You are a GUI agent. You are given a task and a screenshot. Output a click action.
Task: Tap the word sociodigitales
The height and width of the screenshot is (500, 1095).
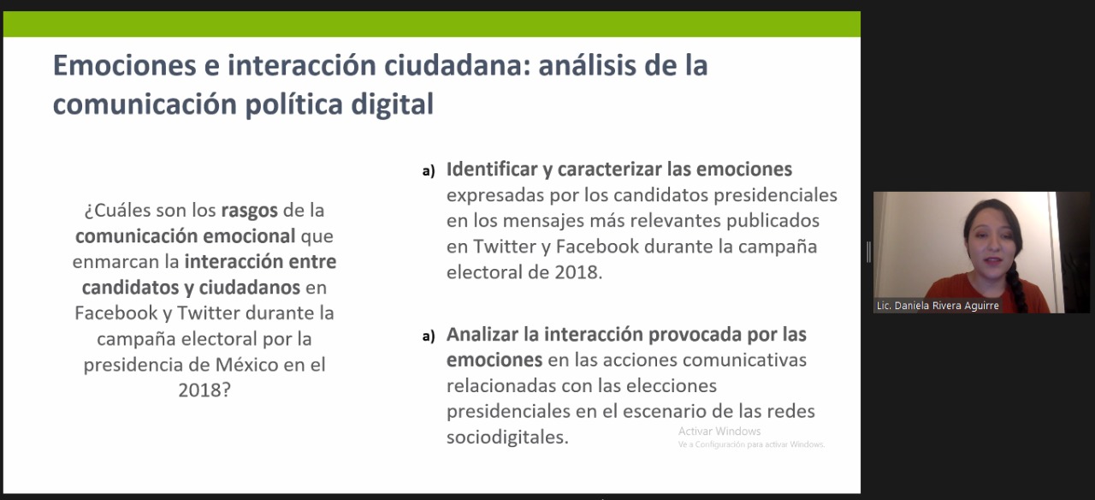coord(507,437)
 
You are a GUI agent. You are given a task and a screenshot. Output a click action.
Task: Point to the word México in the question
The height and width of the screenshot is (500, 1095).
coord(246,365)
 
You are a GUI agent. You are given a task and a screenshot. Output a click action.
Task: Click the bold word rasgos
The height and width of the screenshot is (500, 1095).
coord(249,211)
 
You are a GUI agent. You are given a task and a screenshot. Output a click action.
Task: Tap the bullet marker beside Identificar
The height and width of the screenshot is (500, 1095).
coord(429,171)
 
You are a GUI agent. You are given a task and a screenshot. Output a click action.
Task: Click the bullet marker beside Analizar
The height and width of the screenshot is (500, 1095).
coord(429,336)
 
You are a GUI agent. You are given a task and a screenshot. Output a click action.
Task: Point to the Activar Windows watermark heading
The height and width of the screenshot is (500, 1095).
coord(719,431)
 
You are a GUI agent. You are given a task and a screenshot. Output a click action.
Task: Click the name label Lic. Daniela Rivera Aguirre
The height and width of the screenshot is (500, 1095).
coord(937,306)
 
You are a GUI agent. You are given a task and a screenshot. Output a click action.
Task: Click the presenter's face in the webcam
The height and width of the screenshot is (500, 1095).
coord(991,245)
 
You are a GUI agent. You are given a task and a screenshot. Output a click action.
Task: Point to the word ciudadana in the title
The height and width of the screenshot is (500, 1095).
coord(457,66)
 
